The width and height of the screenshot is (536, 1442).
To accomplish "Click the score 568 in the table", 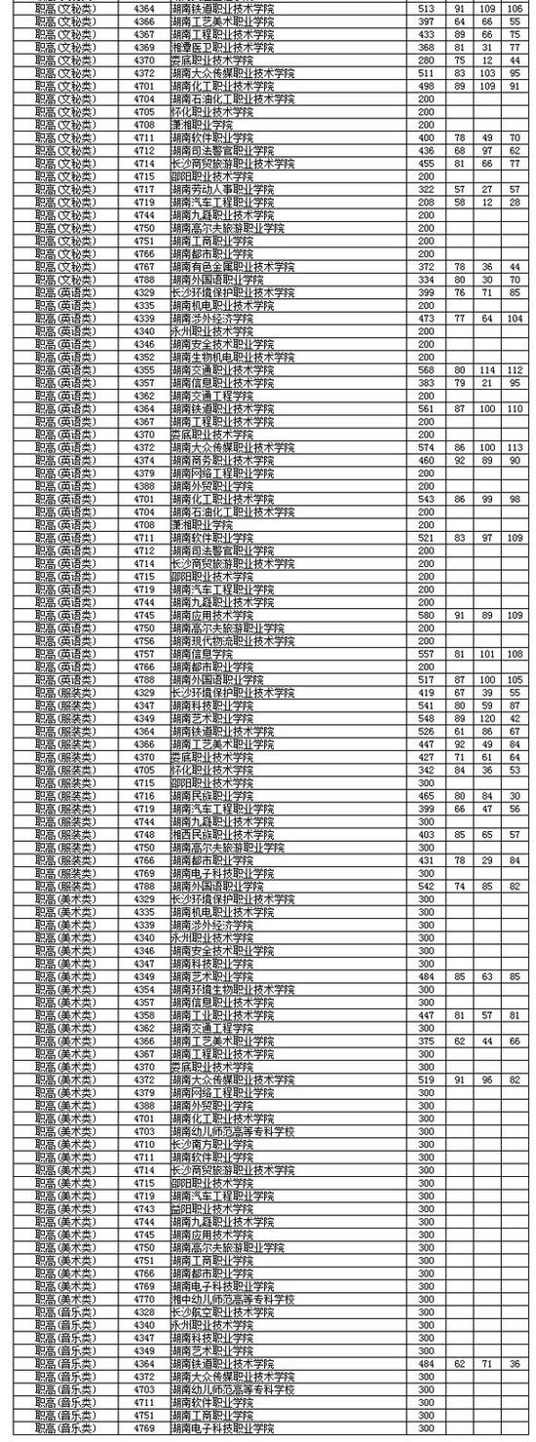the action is (425, 369).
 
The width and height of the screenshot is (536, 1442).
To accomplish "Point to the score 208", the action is (425, 201).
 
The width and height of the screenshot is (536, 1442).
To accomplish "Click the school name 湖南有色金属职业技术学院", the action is (232, 266).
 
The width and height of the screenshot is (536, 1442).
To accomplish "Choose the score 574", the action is (425, 447).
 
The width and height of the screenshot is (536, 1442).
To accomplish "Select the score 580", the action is (425, 615).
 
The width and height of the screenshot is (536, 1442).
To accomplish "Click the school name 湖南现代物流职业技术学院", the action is (232, 641).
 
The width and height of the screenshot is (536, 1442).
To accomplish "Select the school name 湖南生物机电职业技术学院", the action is (232, 357).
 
